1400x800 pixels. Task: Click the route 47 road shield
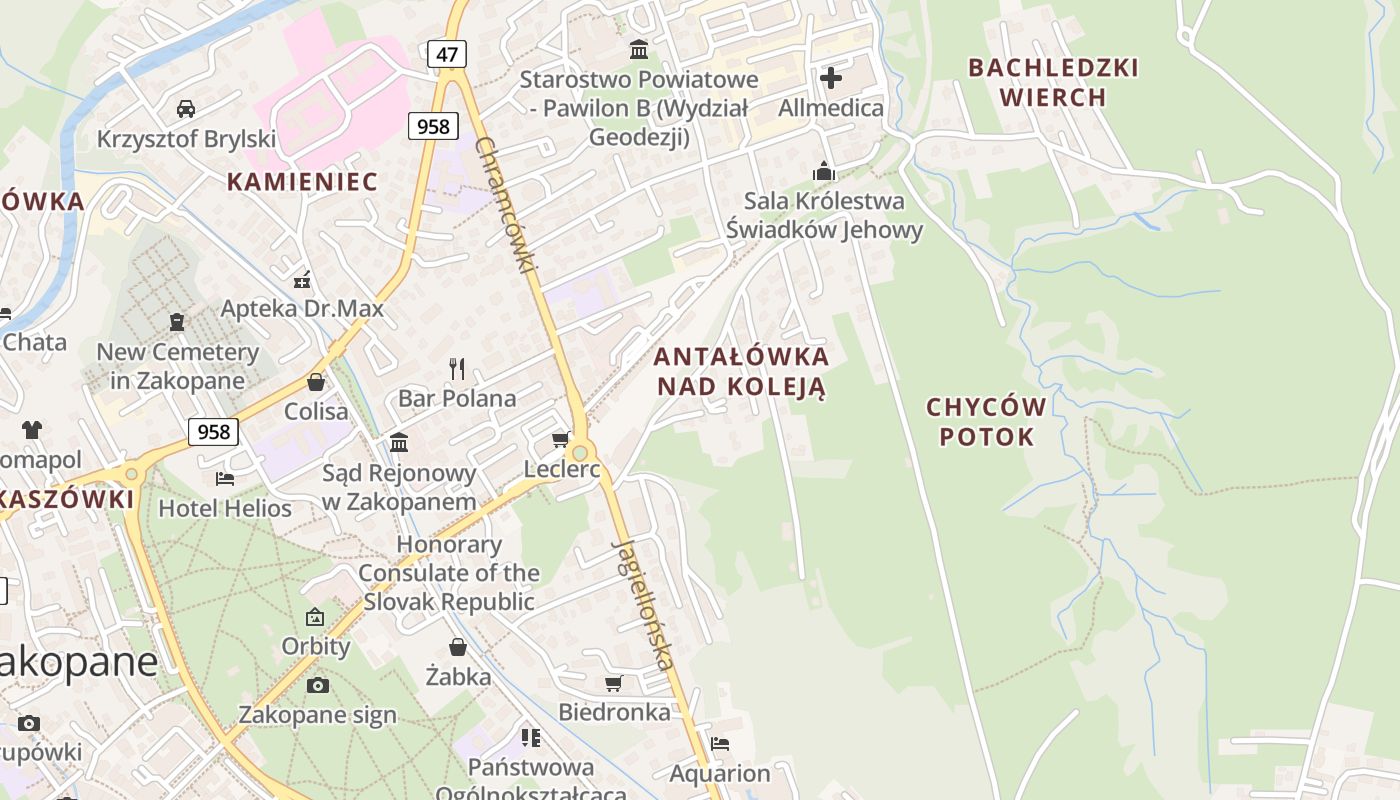pyautogui.click(x=446, y=53)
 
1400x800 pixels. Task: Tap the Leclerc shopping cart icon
pyautogui.click(x=561, y=440)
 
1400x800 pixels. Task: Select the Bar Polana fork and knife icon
pyautogui.click(x=457, y=369)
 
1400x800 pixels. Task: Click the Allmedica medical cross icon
pyautogui.click(x=831, y=77)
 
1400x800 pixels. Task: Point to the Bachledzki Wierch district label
pyautogui.click(x=1053, y=82)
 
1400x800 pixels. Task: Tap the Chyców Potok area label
pyautogui.click(x=986, y=421)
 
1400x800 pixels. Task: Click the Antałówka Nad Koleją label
pyautogui.click(x=741, y=371)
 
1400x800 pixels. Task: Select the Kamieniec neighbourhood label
pyautogui.click(x=302, y=181)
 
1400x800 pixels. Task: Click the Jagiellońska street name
pyautogui.click(x=642, y=604)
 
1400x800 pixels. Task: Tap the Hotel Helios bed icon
pyautogui.click(x=225, y=479)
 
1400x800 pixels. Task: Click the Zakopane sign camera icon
pyautogui.click(x=318, y=685)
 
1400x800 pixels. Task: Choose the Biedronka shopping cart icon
pyautogui.click(x=614, y=683)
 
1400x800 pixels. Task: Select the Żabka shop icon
pyautogui.click(x=458, y=647)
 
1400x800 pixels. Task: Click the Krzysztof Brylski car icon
pyautogui.click(x=185, y=108)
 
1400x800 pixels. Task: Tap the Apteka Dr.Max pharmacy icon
pyautogui.click(x=302, y=279)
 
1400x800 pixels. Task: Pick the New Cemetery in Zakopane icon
pyautogui.click(x=177, y=322)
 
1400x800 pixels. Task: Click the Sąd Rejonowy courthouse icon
pyautogui.click(x=399, y=442)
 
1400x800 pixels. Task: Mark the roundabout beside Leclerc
pyautogui.click(x=579, y=453)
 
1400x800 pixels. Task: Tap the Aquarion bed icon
pyautogui.click(x=719, y=743)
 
